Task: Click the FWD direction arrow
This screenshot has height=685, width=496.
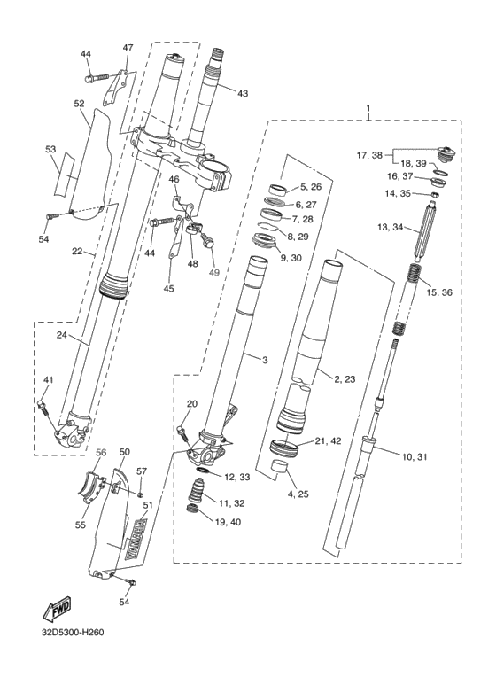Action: pos(57,609)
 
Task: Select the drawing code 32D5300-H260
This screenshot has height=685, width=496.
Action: pos(74,633)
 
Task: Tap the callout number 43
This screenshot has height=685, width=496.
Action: pos(243,93)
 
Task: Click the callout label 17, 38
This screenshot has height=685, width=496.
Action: pos(369,155)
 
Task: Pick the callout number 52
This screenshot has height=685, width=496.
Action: pos(79,103)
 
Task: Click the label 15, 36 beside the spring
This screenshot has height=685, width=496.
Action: pos(439,292)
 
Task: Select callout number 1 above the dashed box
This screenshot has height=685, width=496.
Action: pos(368,107)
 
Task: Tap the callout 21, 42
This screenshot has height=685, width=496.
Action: pos(329,440)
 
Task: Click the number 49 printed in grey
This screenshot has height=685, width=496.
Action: pos(214,273)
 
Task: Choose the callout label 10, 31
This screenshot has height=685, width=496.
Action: pos(415,457)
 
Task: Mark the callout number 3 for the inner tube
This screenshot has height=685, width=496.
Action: pos(265,360)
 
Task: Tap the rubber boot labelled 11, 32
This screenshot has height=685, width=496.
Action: pos(197,491)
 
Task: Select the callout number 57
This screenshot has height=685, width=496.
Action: pos(142,471)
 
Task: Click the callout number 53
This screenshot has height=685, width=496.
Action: pos(50,149)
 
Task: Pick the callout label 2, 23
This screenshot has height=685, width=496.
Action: pos(345,379)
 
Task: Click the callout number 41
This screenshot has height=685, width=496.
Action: pos(48,379)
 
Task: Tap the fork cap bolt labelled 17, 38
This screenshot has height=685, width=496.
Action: pos(446,154)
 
